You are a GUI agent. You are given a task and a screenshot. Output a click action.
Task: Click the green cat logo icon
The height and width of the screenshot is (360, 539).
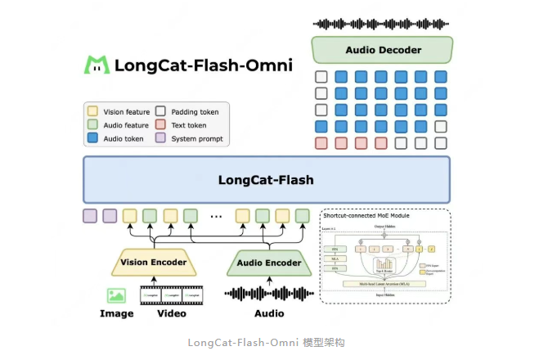click(x=97, y=65)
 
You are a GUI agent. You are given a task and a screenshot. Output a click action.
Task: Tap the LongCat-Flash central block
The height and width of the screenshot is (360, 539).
click(x=266, y=179)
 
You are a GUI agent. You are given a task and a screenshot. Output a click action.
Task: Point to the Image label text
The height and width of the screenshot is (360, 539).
click(x=116, y=313)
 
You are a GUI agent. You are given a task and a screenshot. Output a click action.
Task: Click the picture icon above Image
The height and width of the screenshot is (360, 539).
click(x=116, y=295)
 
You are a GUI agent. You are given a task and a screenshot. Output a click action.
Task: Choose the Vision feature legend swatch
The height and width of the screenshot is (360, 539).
click(x=92, y=111)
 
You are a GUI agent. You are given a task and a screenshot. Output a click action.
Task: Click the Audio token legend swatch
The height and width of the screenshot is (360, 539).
click(x=92, y=139)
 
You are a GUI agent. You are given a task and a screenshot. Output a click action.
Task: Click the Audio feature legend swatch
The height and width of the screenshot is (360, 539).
click(x=92, y=125)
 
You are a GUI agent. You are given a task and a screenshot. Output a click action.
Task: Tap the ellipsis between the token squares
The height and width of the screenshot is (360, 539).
click(x=216, y=217)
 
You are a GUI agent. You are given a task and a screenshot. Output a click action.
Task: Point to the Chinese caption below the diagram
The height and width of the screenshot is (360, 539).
click(x=266, y=343)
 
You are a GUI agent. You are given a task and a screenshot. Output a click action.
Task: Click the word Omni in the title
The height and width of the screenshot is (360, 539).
click(x=263, y=65)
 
